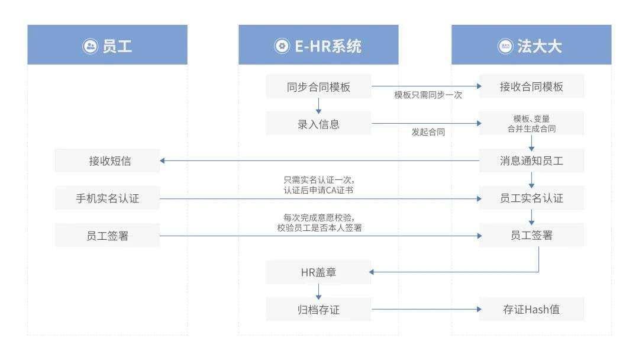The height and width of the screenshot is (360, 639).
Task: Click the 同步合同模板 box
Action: [x=318, y=86]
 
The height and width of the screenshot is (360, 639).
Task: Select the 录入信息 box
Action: [x=318, y=124]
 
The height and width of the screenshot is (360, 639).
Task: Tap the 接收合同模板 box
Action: [x=531, y=86]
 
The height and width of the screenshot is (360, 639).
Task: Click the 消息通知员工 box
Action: [x=531, y=160]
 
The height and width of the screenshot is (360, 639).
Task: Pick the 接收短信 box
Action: [x=107, y=160]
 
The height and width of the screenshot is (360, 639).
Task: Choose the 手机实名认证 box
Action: [x=107, y=198]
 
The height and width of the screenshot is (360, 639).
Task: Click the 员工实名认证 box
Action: [x=531, y=198]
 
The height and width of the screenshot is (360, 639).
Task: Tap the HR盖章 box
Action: [x=318, y=272]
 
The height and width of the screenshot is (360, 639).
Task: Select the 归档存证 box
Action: [x=318, y=310]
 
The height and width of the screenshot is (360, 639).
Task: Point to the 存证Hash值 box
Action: [x=531, y=310]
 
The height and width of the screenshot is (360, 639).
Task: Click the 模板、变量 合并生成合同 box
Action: [x=531, y=124]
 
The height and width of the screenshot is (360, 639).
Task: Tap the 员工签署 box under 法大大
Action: [x=531, y=235]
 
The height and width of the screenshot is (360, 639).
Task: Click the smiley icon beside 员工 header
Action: [x=90, y=46]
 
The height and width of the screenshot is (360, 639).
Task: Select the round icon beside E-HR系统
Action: [x=282, y=46]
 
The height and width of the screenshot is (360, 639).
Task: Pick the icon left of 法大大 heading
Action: [x=505, y=46]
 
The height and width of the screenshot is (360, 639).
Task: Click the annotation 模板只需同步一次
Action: [x=428, y=95]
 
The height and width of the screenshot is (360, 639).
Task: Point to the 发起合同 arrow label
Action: [x=428, y=132]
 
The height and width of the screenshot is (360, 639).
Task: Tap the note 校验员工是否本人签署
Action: [x=319, y=228]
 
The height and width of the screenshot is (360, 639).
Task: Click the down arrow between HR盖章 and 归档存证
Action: [x=319, y=291]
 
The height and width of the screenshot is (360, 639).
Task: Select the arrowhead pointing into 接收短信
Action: [x=162, y=160]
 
